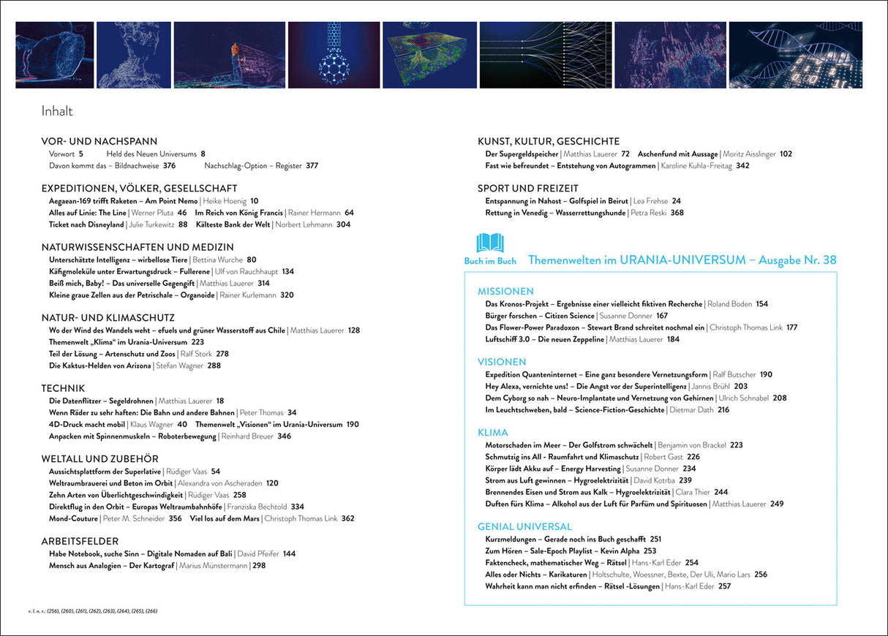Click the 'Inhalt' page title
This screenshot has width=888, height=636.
57,111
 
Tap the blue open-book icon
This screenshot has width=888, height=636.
490,243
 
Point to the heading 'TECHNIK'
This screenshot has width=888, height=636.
64,388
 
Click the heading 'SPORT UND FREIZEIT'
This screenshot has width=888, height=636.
528,188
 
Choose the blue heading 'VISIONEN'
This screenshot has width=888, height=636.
502,362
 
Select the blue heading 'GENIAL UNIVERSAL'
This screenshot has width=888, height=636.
524,526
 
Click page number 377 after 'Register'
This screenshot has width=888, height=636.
312,166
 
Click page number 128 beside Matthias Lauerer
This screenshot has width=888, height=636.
354,330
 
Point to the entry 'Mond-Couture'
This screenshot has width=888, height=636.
73,518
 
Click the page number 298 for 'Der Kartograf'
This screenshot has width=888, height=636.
259,566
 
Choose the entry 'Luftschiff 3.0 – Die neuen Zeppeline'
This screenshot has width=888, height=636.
545,339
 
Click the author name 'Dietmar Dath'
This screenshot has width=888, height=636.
692,410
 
